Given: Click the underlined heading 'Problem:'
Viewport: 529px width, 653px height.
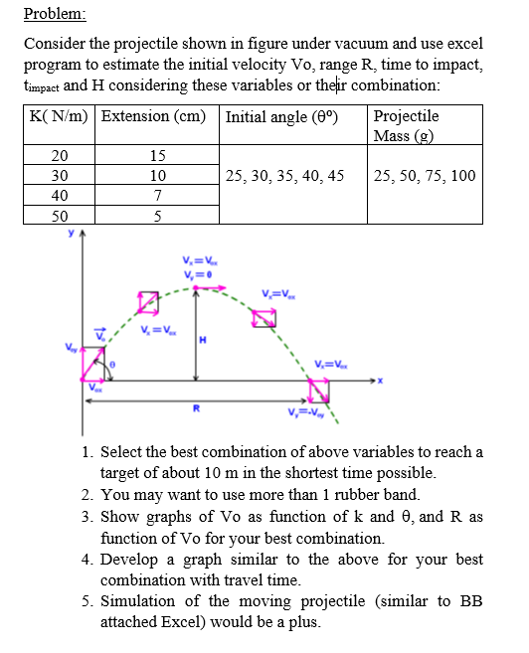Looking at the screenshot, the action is point(55,14).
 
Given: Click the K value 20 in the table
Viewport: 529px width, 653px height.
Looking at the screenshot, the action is point(60,156).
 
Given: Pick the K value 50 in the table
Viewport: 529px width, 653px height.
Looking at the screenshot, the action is point(60,216).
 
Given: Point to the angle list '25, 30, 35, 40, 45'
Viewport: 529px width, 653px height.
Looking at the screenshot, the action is point(285,176).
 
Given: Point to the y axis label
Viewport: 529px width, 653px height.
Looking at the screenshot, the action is point(70,236).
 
